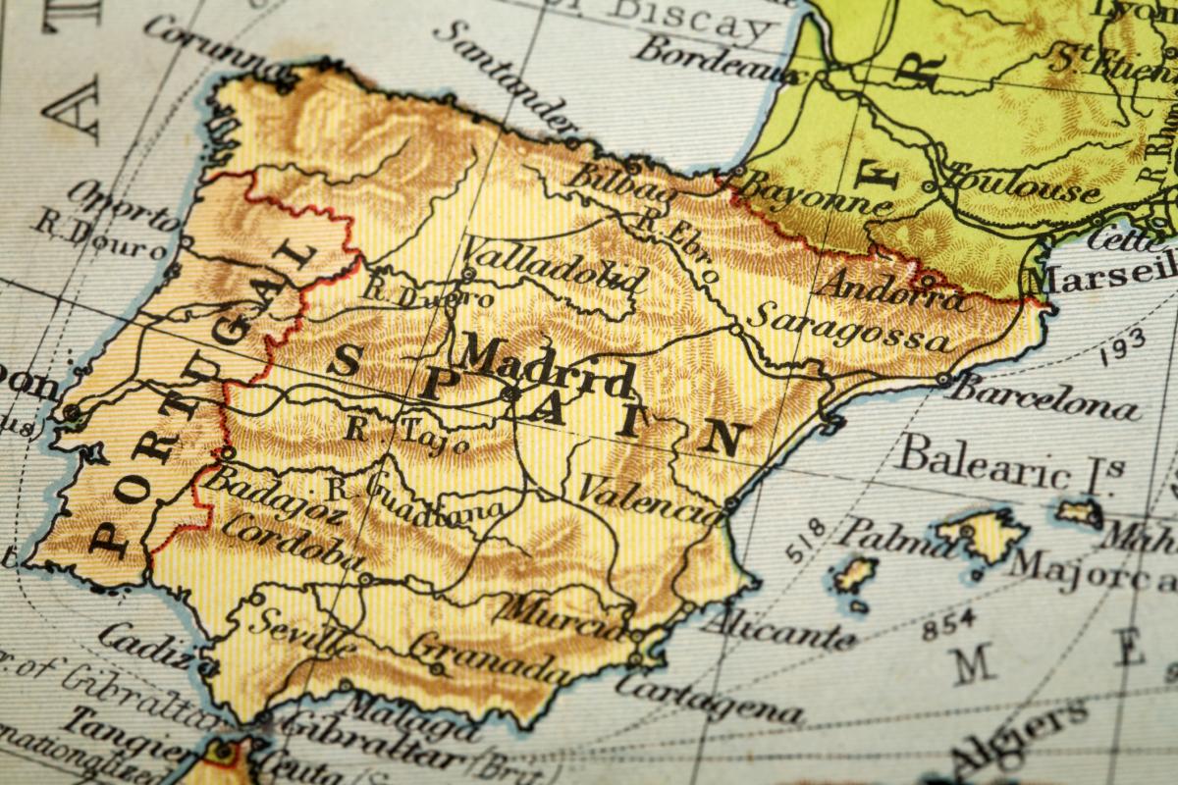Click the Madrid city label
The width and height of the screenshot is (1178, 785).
(545, 365)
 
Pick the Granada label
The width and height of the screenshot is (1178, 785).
(488, 658)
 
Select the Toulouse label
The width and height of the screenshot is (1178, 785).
(1021, 183)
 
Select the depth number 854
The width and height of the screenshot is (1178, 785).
(948, 620)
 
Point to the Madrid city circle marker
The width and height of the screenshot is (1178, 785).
(509, 393)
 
